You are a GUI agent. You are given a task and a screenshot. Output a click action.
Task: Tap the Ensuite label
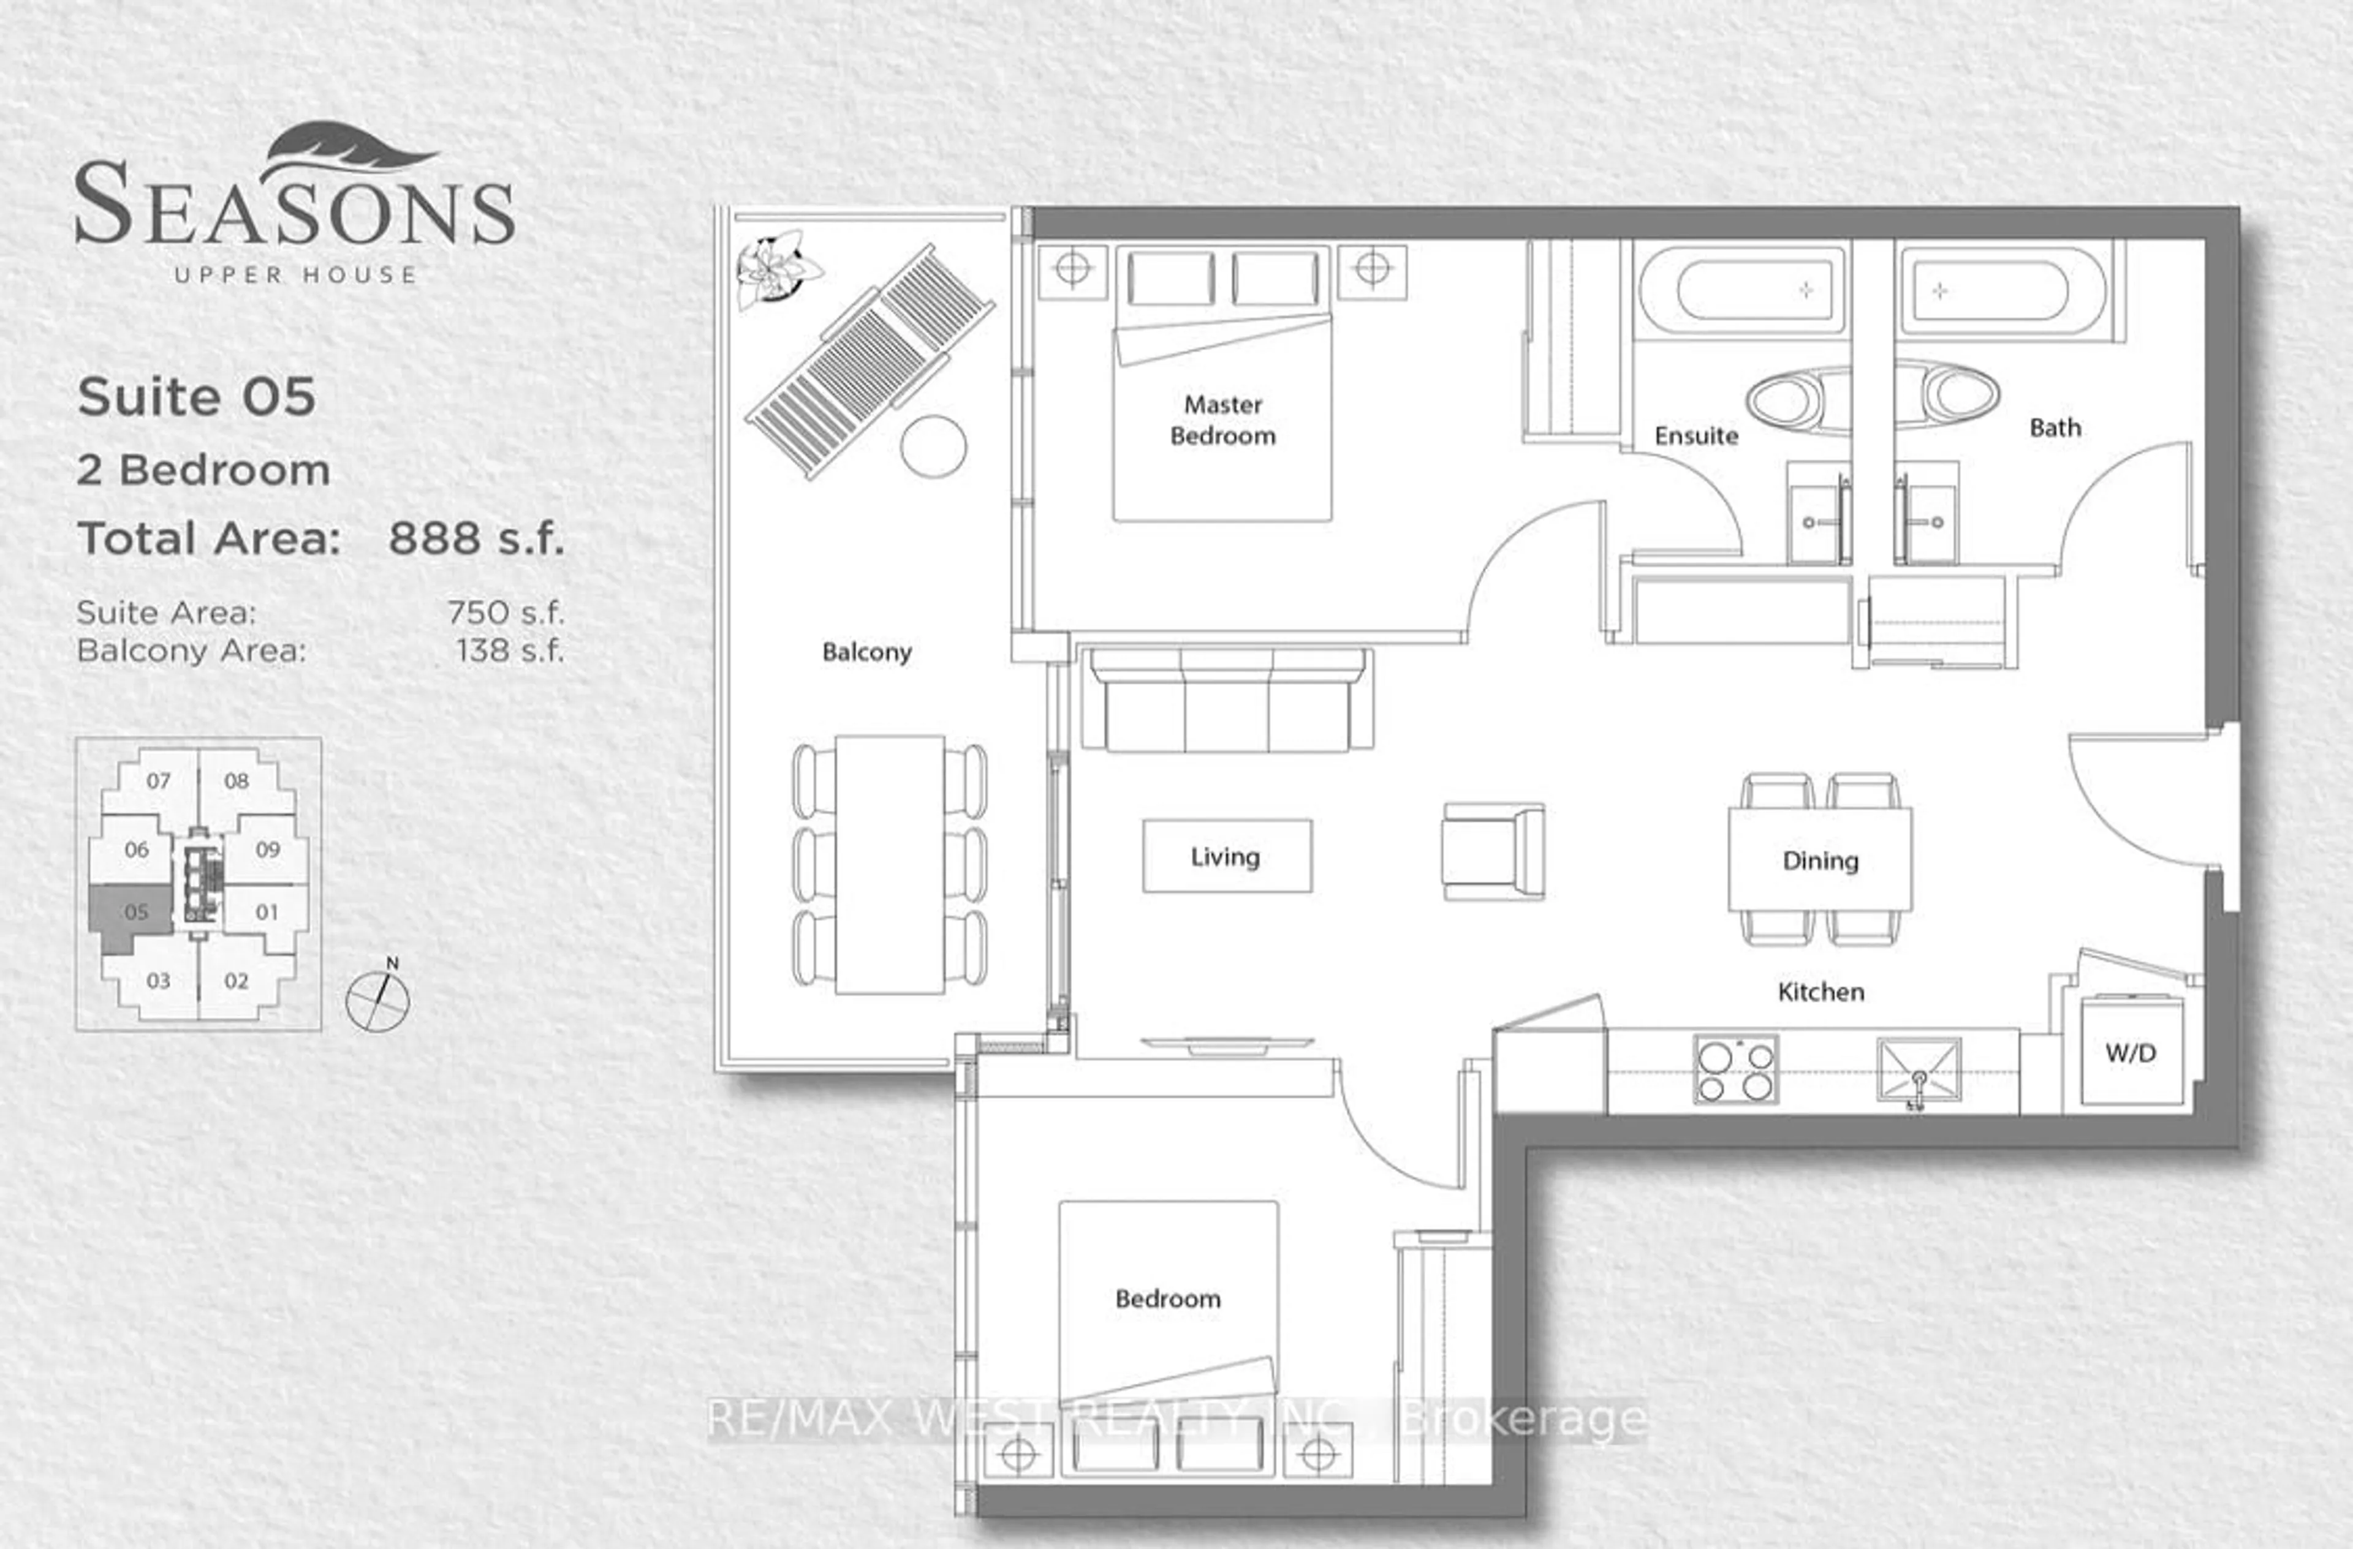[1696, 436]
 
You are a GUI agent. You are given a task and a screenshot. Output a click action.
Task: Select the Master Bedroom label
[1223, 420]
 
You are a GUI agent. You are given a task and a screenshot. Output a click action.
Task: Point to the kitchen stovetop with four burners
[1735, 1069]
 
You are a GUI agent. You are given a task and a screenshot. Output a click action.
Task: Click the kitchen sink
[1918, 1069]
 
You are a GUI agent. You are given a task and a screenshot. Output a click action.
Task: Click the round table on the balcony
[933, 447]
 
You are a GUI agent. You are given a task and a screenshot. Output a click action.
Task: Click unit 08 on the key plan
[237, 781]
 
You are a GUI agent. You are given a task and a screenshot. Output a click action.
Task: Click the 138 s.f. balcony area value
[509, 650]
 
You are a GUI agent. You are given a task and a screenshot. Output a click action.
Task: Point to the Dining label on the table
[1820, 861]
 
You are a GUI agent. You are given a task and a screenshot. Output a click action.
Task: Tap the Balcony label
[866, 652]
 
